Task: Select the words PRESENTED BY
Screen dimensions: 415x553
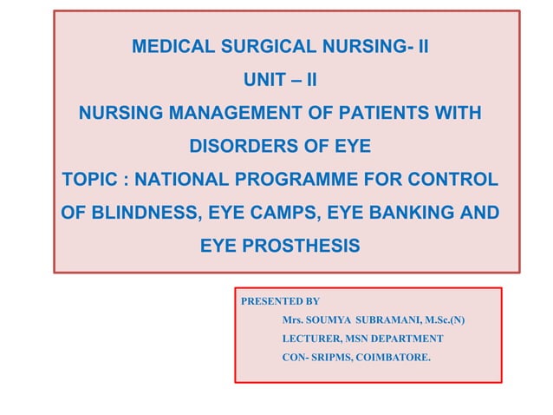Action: click(x=279, y=302)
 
